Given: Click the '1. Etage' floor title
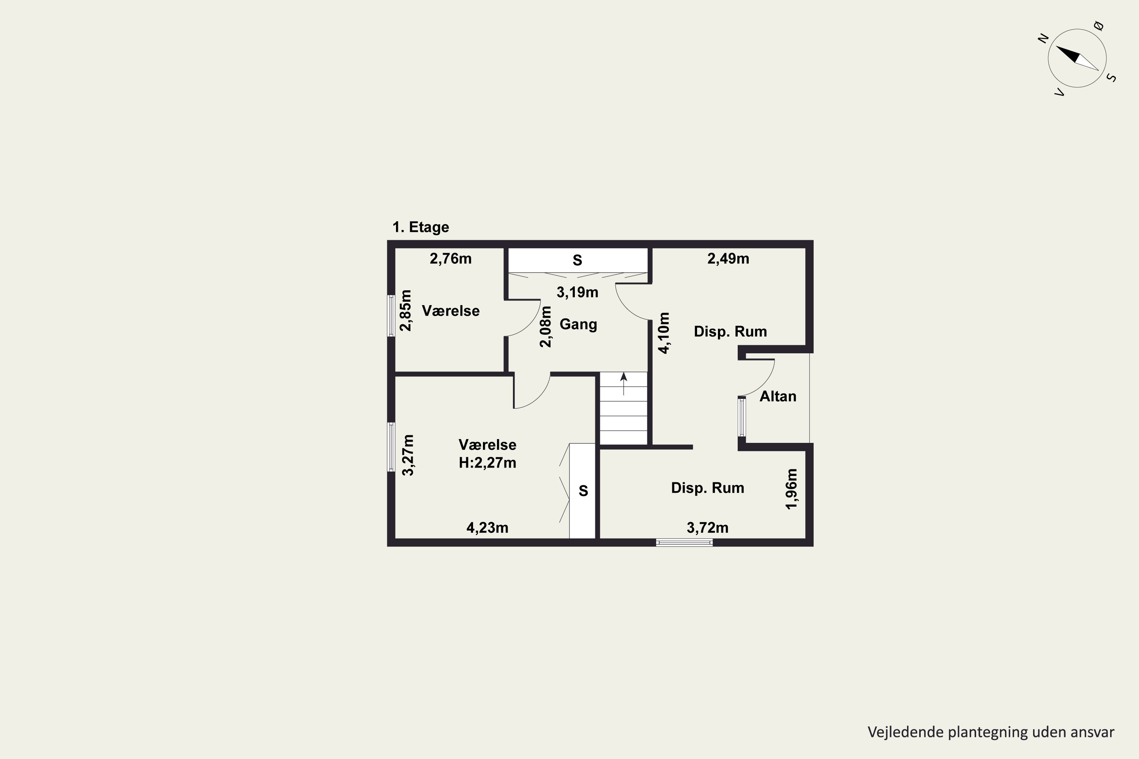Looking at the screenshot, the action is tap(420, 227).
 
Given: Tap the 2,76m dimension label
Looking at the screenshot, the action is tap(450, 259).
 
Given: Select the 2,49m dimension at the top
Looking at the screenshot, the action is tap(728, 259).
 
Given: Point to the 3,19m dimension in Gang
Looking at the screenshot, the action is tap(577, 292).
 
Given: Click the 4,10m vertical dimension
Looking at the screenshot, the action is tap(664, 333).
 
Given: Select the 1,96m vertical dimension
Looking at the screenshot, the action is tap(791, 489).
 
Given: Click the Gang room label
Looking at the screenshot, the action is tap(578, 324).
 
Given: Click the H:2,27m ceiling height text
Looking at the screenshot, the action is tap(487, 463).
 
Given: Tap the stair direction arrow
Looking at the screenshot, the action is tap(624, 384).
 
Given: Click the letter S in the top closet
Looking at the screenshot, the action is tap(577, 260).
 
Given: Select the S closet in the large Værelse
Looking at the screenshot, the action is tap(582, 491).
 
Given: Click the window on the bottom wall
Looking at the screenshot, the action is tap(684, 543).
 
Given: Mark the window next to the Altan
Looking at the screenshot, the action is tap(742, 417).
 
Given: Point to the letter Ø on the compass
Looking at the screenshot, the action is tap(1099, 26).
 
